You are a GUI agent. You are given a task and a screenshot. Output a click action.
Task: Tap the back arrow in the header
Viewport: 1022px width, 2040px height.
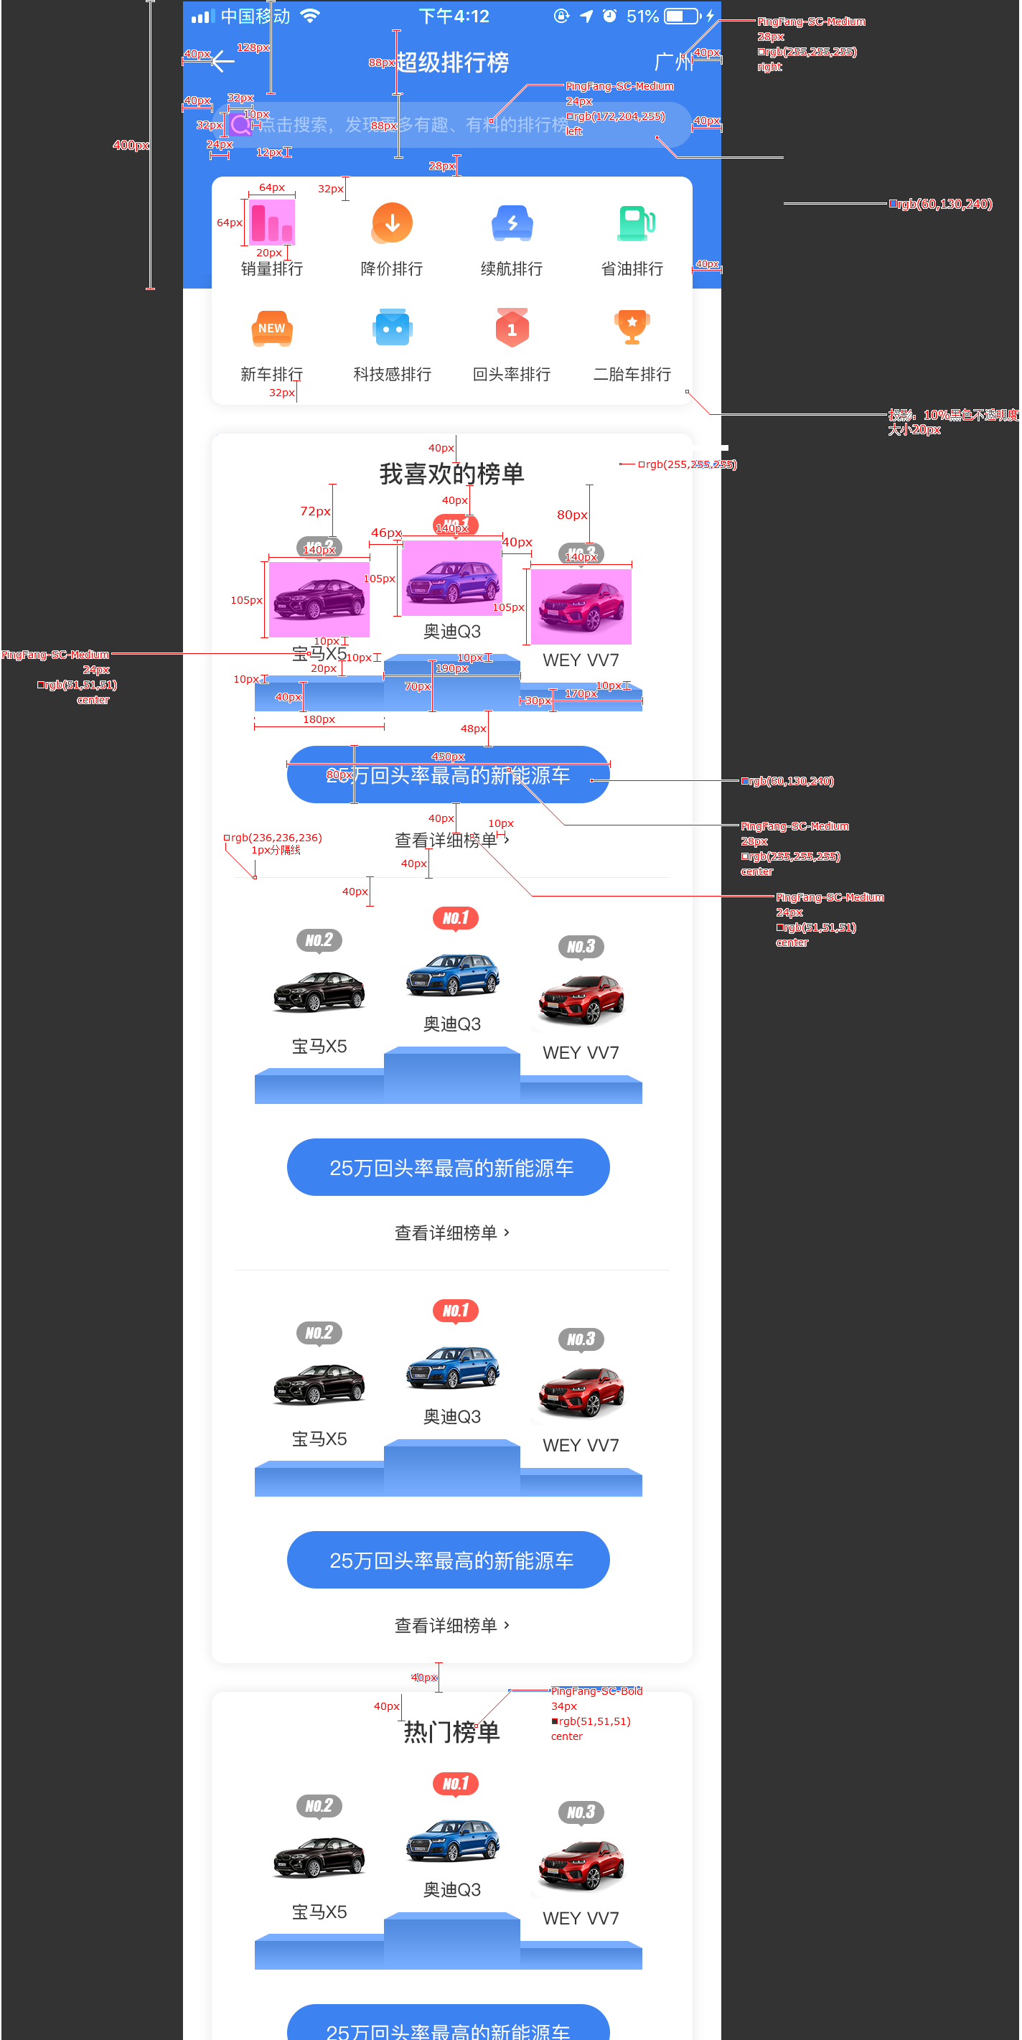point(223,61)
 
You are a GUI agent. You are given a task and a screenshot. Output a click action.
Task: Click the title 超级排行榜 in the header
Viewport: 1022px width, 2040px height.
point(452,62)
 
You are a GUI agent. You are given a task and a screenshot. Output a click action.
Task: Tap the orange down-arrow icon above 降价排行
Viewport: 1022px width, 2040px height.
point(392,223)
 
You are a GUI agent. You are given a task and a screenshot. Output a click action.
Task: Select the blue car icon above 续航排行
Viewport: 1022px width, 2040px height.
point(512,223)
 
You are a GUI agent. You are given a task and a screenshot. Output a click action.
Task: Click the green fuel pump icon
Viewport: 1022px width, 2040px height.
point(635,223)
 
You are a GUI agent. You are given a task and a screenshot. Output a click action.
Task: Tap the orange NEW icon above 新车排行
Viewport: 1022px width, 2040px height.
point(271,329)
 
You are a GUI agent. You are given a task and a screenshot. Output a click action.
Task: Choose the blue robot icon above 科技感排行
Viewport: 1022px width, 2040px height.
point(392,328)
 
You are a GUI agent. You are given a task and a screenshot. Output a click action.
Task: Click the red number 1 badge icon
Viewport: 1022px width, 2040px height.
point(512,328)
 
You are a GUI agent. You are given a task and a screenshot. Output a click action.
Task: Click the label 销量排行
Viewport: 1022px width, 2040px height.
point(271,269)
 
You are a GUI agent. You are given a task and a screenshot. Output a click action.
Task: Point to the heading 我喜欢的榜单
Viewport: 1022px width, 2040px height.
point(451,474)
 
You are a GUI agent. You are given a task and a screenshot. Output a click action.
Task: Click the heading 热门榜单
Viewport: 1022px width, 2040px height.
point(451,1732)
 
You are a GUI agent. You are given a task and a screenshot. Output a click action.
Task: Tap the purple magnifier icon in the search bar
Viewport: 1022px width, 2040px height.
point(240,125)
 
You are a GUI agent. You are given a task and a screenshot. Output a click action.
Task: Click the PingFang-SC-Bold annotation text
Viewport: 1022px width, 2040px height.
point(596,1690)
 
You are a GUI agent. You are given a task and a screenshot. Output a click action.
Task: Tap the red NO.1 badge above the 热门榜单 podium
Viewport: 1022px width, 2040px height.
point(455,1784)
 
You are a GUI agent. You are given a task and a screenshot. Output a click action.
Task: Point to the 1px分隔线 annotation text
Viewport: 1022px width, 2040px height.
point(276,850)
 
